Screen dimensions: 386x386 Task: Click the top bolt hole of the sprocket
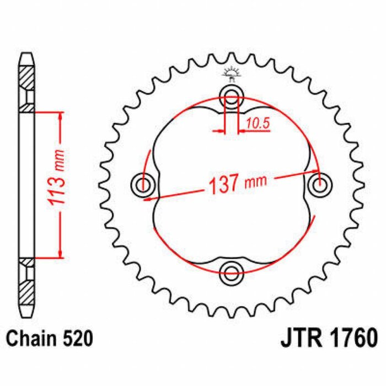[232, 98]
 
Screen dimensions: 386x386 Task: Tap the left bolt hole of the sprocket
[145, 184]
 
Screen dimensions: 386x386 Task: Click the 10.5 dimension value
[258, 124]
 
